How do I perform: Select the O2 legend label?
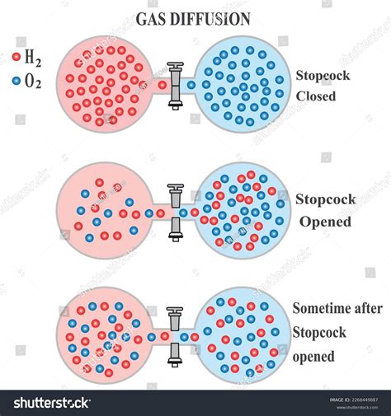pyautogui.click(x=32, y=81)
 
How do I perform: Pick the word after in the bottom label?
pyautogui.click(x=369, y=308)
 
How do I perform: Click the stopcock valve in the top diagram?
pyautogui.click(x=174, y=83)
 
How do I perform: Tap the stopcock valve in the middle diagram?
pyautogui.click(x=174, y=212)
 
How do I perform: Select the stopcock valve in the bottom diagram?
pyautogui.click(x=174, y=336)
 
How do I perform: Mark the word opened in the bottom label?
pyautogui.click(x=313, y=357)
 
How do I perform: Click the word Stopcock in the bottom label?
pyautogui.click(x=318, y=333)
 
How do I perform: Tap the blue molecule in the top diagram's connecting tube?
pyautogui.click(x=191, y=84)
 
